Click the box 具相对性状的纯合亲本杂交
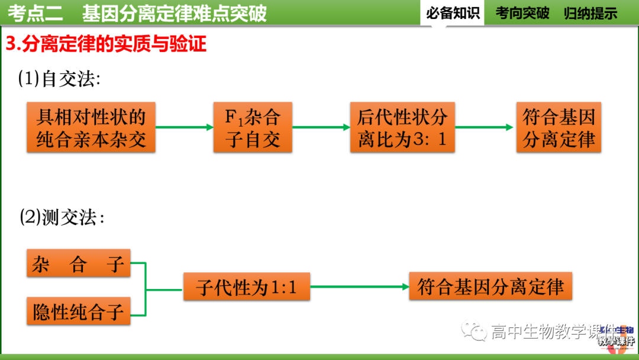coord(91,127)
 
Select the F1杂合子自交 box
coord(253,127)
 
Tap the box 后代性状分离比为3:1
coord(402,127)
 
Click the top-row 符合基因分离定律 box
coord(559,127)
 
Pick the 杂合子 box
coord(78,263)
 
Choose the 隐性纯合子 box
coord(78,311)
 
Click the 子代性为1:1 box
coord(246,288)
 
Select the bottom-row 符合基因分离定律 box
coord(490,287)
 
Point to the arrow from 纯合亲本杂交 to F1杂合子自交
coord(184,127)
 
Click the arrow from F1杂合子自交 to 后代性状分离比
coord(321,127)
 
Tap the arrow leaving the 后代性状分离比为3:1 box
coord(484,127)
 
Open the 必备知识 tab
coord(453,13)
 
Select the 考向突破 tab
coord(522,13)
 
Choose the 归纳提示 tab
coord(590,13)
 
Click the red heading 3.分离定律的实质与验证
coord(106,44)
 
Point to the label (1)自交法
coord(59,79)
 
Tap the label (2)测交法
coord(62,218)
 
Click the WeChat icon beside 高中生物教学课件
coord(475,332)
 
